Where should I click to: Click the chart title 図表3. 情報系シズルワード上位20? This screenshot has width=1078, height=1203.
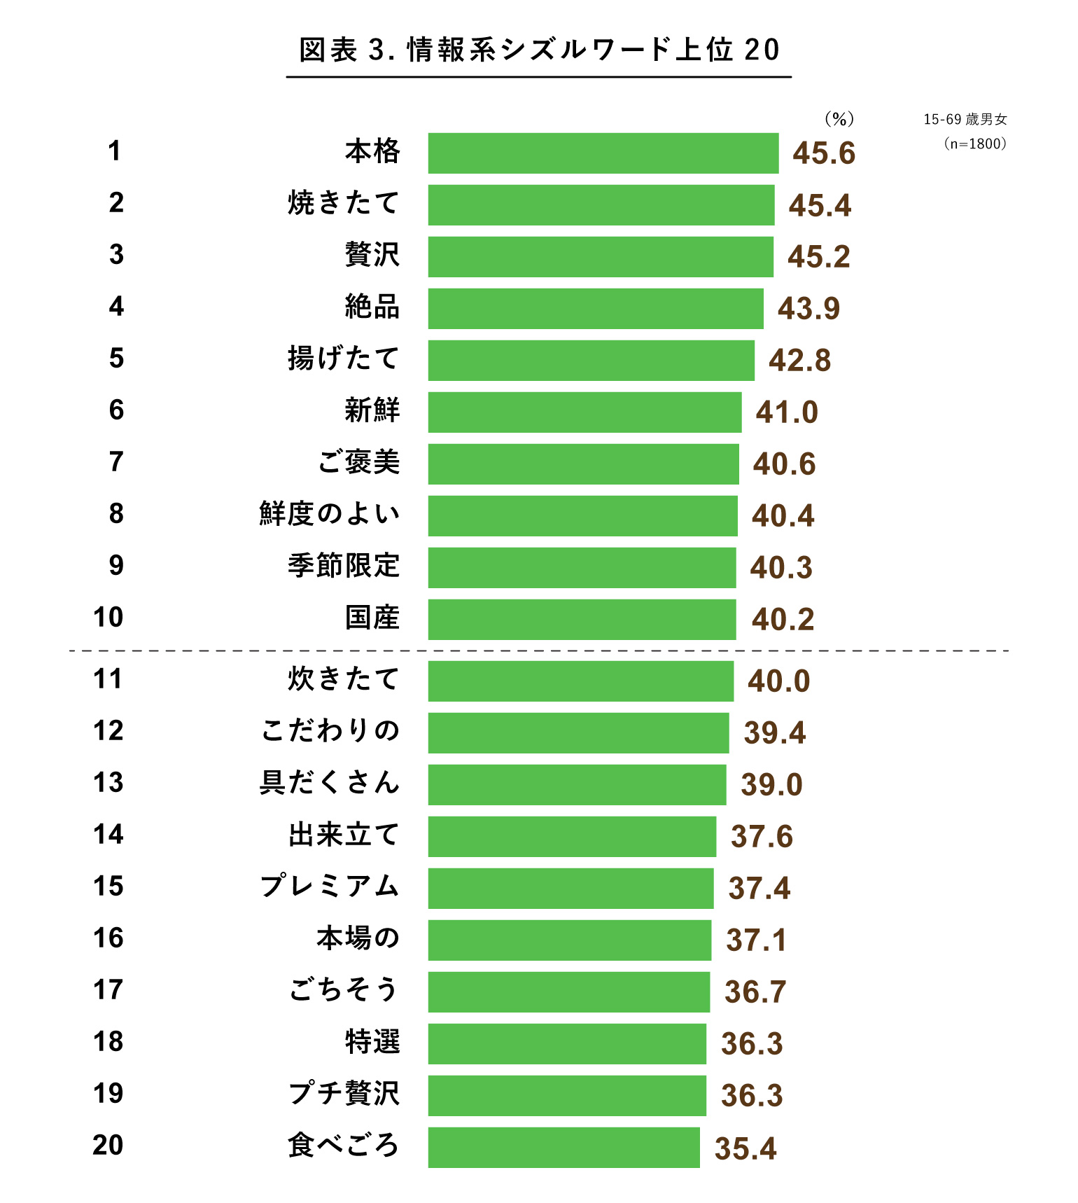tap(538, 50)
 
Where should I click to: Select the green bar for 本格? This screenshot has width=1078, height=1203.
tap(603, 153)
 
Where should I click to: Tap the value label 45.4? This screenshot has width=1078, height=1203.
tap(820, 205)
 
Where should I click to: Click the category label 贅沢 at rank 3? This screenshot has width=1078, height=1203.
tap(372, 254)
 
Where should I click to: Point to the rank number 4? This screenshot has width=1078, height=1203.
tap(116, 307)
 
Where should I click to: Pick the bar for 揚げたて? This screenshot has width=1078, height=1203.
tap(591, 361)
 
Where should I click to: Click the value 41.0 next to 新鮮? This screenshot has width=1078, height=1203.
tap(787, 412)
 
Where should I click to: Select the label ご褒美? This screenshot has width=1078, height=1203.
tap(358, 462)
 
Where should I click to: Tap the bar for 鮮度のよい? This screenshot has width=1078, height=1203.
tap(582, 516)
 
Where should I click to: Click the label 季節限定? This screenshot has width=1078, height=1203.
tap(344, 566)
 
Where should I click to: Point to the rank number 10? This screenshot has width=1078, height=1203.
tap(108, 618)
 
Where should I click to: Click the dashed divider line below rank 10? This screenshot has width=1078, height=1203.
tap(539, 651)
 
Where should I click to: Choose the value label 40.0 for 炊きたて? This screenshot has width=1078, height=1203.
tap(778, 681)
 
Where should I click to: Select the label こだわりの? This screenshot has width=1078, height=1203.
tap(330, 731)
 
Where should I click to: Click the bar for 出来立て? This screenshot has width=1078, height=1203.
tap(572, 837)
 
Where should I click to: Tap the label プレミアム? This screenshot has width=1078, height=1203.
tap(330, 886)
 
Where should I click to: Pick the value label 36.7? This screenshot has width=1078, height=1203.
tap(755, 992)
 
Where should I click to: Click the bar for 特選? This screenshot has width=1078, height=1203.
tap(567, 1044)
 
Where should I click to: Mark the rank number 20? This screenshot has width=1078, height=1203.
tap(108, 1146)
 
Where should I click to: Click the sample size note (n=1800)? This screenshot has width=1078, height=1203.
tap(975, 144)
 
